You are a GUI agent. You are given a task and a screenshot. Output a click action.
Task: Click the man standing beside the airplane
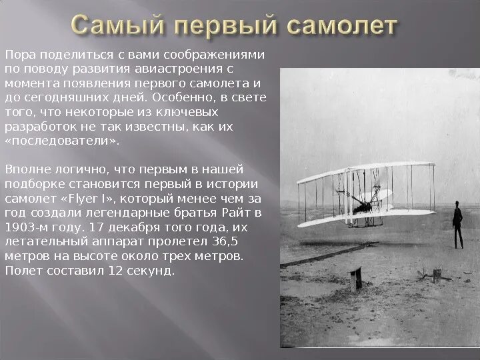tap(457, 223)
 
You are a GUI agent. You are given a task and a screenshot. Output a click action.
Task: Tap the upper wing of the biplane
tap(366, 171)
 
